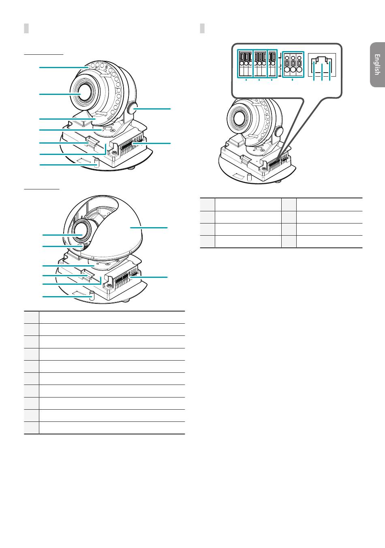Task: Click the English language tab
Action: pyautogui.click(x=377, y=64)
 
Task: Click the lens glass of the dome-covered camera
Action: pyautogui.click(x=82, y=231)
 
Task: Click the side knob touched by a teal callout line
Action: pyautogui.click(x=132, y=109)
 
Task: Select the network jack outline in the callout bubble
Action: pyautogui.click(x=322, y=67)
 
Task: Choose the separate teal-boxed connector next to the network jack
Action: pyautogui.click(x=293, y=64)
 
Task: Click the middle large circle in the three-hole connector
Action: pyautogui.click(x=293, y=70)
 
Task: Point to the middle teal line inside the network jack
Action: pyautogui.click(x=322, y=72)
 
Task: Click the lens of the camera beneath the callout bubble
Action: pyautogui.click(x=238, y=118)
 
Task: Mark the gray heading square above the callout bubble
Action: pyautogui.click(x=202, y=28)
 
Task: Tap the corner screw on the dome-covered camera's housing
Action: pyautogui.click(x=108, y=285)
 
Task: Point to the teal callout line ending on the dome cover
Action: pyautogui.click(x=149, y=228)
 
